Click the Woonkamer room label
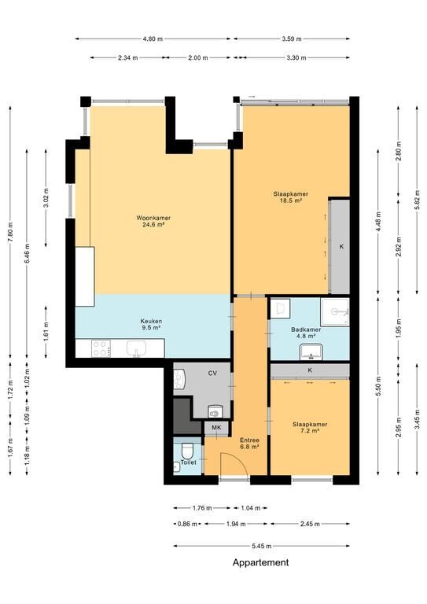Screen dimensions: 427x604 click(x=153, y=221)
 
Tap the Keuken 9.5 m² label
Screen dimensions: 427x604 click(x=151, y=324)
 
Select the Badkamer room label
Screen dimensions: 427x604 click(x=306, y=333)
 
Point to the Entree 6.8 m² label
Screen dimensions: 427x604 click(x=249, y=443)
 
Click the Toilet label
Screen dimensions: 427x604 click(x=188, y=462)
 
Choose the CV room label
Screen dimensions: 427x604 click(x=212, y=373)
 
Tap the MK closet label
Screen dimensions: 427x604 click(x=216, y=427)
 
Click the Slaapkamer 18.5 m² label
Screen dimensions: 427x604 click(x=291, y=197)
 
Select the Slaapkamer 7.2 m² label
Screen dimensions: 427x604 click(x=310, y=427)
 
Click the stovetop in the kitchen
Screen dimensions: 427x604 click(x=101, y=348)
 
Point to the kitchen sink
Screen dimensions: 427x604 click(x=136, y=348)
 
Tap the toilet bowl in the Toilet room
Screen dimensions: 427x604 click(x=187, y=450)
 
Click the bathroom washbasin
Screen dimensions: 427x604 click(x=311, y=352)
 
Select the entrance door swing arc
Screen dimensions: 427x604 click(x=238, y=459)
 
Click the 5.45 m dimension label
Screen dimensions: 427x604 click(x=261, y=546)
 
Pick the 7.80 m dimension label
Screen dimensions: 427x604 click(x=10, y=230)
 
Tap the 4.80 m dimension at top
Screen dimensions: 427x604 click(x=153, y=39)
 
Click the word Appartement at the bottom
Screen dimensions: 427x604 click(x=260, y=562)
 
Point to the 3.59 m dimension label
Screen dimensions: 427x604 click(x=292, y=39)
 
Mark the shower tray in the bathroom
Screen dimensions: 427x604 click(x=335, y=311)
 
